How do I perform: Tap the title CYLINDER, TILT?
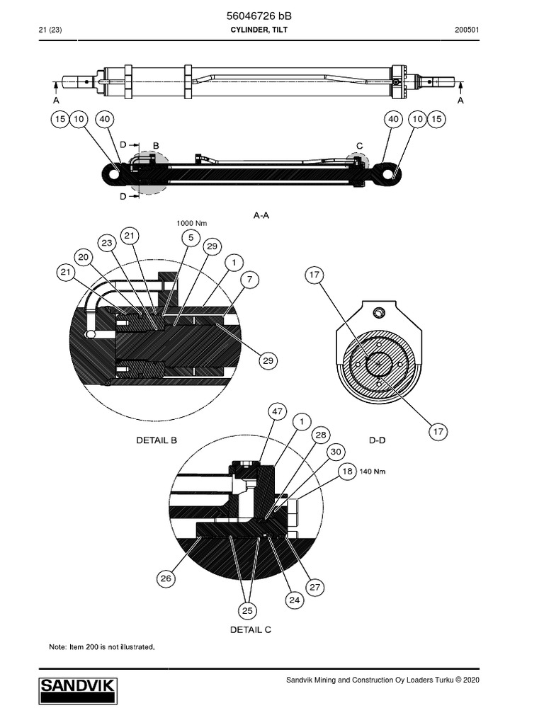coord(259,30)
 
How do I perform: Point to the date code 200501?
coord(467,30)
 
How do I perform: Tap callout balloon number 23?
coord(107,243)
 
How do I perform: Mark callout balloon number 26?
coord(166,578)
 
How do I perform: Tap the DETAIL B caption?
coord(157,440)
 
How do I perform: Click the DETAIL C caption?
coord(250,629)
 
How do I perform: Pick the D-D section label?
coord(379,440)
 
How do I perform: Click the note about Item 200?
coord(101,646)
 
